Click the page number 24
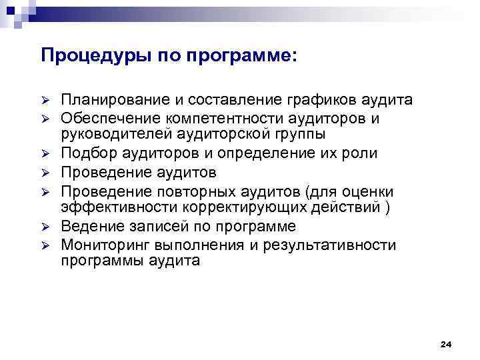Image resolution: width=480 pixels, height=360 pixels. (x=446, y=344)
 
